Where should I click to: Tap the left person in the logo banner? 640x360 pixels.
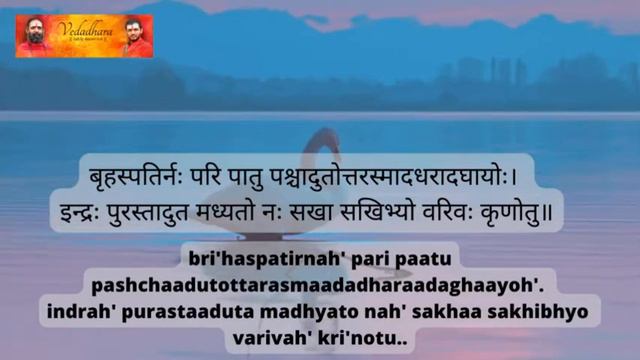tap(34, 37)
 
